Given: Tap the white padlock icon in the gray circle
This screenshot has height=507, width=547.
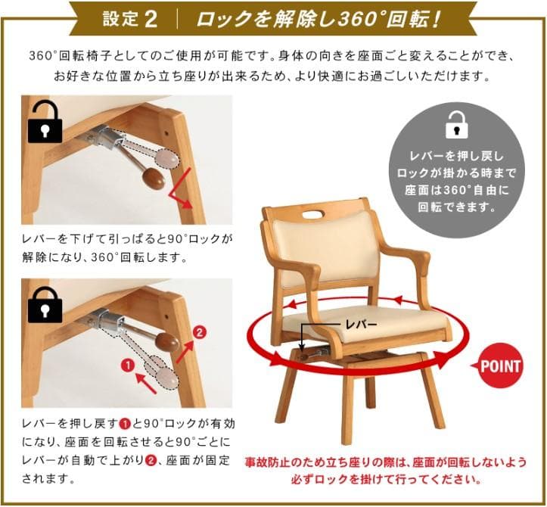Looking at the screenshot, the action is tap(457, 125).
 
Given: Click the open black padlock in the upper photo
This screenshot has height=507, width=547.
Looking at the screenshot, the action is tap(45, 121).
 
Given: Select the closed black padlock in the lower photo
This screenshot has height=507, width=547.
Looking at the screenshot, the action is tap(45, 305).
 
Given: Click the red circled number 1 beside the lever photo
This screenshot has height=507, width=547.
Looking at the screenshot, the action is tap(129, 365).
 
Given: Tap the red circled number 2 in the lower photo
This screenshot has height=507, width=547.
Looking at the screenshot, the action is tap(199, 332).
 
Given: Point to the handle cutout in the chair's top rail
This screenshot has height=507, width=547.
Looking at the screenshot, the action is tap(314, 214).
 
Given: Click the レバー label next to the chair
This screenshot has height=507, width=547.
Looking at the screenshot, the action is tap(361, 325).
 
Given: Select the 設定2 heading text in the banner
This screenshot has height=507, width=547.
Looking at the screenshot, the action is tap(130, 19).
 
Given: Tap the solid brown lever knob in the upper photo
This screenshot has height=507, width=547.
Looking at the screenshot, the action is tap(154, 178).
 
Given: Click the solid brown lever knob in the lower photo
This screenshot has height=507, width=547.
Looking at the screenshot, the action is tap(167, 341).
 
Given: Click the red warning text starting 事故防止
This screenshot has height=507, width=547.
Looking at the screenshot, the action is tap(386, 471).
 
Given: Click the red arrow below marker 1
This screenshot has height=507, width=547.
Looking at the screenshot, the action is tap(146, 383).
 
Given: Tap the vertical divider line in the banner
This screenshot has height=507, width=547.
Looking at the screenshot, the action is tap(178, 19).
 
